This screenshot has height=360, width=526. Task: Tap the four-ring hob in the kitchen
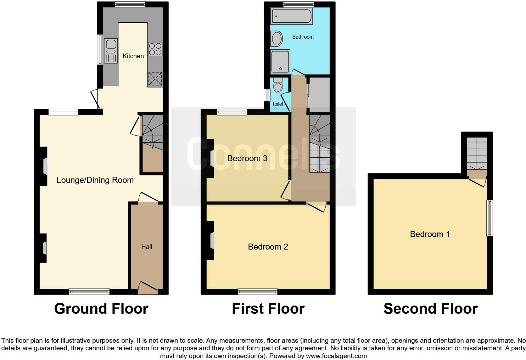click(x=155, y=49)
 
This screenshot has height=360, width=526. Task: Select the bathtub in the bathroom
click(x=292, y=16)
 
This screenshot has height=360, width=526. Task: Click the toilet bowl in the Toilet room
click(x=278, y=86)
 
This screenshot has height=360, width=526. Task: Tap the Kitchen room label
click(x=133, y=56)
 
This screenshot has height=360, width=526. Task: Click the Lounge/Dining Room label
click(x=95, y=180)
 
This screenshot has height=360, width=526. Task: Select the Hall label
click(x=147, y=247)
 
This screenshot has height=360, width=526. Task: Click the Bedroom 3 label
click(x=247, y=158)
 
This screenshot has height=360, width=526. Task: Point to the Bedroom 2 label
click(x=268, y=247)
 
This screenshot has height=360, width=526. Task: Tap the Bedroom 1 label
click(x=430, y=234)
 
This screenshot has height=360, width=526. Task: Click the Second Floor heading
click(x=430, y=309)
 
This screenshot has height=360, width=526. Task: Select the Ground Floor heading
click(x=101, y=309)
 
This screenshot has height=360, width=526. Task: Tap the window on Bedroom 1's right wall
click(x=490, y=218)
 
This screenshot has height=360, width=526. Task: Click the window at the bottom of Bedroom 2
click(x=258, y=292)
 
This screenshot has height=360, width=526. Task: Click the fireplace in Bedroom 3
click(x=211, y=158)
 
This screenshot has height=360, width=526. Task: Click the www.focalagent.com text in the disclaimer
click(x=336, y=356)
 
